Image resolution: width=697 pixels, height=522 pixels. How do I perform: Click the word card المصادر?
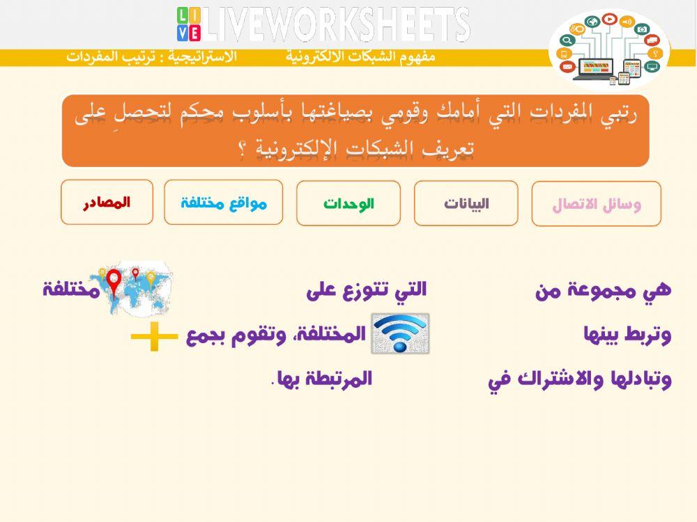tap(107, 203)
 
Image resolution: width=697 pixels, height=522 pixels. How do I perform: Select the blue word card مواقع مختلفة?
tap(224, 203)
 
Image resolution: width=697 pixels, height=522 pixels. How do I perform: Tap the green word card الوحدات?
tap(348, 204)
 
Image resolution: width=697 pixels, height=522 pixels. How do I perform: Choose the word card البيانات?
tap(466, 203)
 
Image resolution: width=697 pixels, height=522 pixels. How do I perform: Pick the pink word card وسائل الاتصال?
tap(597, 205)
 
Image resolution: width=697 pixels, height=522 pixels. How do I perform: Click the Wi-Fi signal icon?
tap(400, 333)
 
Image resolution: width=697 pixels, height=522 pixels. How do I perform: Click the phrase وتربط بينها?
tap(627, 335)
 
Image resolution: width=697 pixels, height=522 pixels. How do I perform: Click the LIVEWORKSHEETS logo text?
tap(324, 24)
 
